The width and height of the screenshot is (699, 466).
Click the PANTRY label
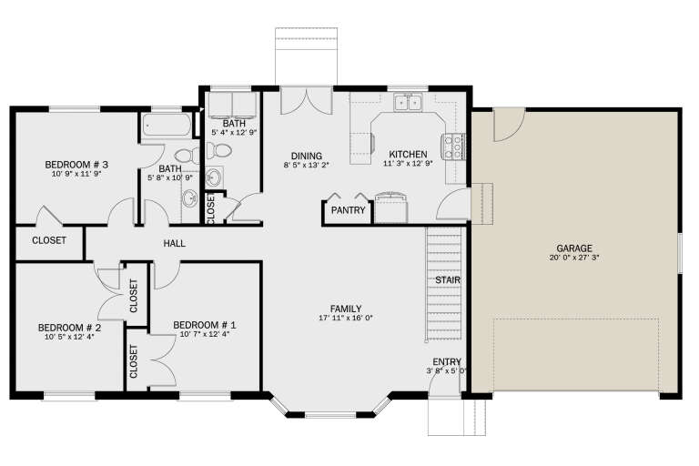coord(349,211)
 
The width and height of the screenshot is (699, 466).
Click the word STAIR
coord(447,279)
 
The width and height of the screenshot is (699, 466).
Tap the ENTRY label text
coord(447,361)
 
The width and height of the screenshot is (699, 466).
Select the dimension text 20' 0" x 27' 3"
coord(573,258)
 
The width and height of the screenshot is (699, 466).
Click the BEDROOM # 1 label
coord(204,325)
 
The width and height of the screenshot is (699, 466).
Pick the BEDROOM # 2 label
coord(68,328)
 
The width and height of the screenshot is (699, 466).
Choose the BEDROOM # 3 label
coord(77,165)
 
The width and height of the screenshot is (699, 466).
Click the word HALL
coord(174,244)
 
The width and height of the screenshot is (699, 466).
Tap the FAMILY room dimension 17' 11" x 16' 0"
coord(346,318)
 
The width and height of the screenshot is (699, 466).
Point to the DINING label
coord(306,155)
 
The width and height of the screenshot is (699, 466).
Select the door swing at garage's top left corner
coord(508,127)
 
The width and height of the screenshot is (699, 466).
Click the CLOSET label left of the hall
coord(48,241)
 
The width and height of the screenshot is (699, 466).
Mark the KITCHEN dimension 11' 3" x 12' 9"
coord(403,165)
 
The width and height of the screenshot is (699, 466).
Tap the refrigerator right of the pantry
coord(391,208)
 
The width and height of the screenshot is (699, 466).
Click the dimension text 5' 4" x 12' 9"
coord(234,133)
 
